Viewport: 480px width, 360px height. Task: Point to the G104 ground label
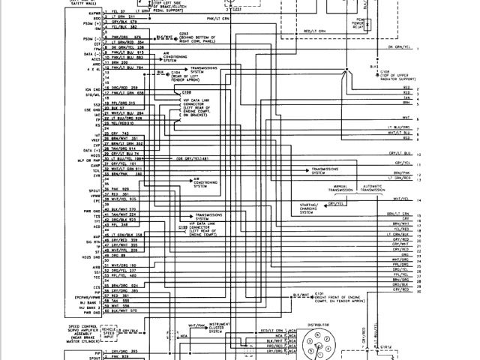pos(179,72)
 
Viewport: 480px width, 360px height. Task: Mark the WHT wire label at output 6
pos(406,118)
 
